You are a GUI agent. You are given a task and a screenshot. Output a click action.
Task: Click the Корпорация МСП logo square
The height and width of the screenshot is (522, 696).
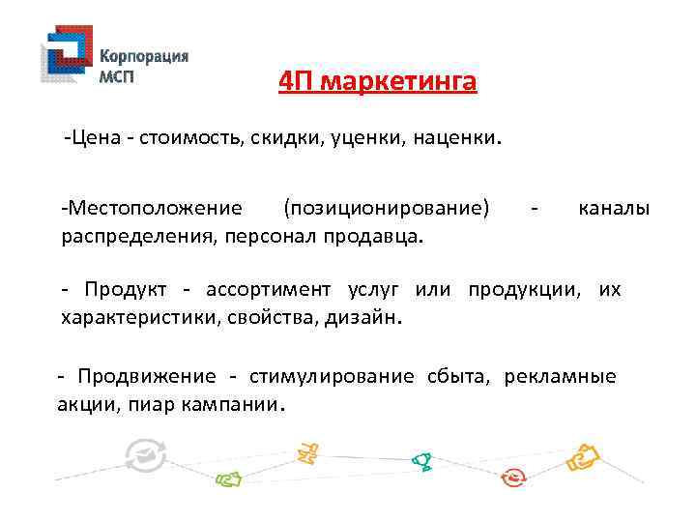[67, 59]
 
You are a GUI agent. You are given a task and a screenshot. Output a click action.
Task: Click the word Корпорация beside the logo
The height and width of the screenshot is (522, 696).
[145, 55]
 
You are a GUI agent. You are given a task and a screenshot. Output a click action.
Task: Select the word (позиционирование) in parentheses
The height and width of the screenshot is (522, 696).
[387, 208]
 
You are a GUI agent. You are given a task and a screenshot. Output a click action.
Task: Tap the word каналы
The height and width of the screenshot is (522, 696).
[614, 208]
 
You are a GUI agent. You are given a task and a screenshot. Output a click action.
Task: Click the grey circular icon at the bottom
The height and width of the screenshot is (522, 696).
[148, 453]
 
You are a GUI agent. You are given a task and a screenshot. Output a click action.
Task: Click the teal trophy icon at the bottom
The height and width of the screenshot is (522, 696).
[421, 461]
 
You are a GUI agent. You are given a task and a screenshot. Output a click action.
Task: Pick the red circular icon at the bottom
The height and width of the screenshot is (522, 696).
[514, 476]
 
